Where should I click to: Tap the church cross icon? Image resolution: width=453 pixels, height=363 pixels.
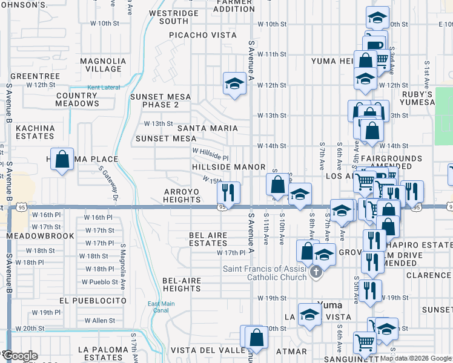[316, 273]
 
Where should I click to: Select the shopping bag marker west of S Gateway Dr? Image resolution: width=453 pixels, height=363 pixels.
[62, 160]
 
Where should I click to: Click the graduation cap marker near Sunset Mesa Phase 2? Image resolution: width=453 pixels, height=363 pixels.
[234, 84]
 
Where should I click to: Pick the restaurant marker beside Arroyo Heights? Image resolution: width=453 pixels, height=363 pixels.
[228, 194]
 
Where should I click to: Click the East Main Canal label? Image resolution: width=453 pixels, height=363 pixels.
[157, 307]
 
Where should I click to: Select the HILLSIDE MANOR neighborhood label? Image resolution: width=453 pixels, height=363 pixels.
[229, 166]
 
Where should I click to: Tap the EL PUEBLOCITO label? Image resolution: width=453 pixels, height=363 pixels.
[93, 300]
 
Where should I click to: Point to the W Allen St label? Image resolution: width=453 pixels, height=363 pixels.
[99, 320]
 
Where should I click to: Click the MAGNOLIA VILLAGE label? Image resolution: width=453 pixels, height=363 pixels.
[101, 65]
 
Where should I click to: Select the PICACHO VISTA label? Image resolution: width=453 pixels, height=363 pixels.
[202, 35]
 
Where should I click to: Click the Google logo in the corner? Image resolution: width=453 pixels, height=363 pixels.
[20, 356]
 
